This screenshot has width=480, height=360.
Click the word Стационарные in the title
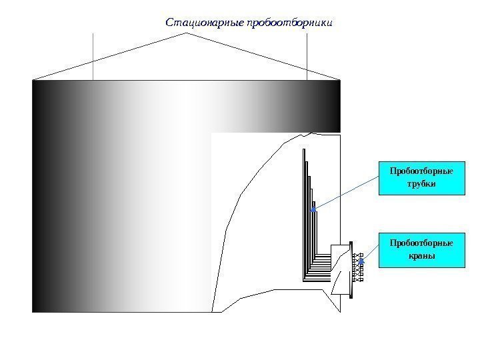coord(203,23)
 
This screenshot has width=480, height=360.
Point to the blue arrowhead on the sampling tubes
coord(314,210)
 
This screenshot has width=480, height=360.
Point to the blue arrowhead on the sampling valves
coord(361,263)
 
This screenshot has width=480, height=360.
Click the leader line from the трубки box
coord(347,194)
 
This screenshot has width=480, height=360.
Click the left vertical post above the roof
coord(93,57)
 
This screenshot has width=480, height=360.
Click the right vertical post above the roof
coord(307,57)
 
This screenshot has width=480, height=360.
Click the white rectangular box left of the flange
coord(341,268)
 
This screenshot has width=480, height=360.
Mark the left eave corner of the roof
coord(33,79)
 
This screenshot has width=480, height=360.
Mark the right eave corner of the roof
coord(340,79)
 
